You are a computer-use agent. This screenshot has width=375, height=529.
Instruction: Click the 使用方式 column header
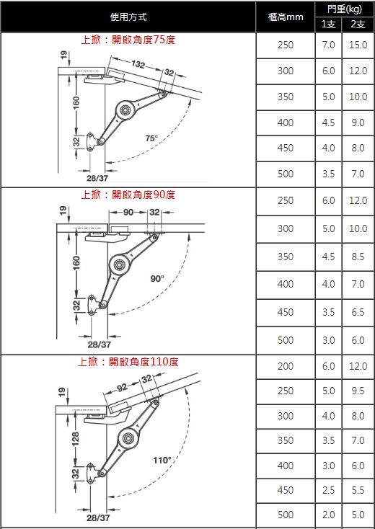(128, 17)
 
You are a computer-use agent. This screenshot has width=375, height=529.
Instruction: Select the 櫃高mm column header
(286, 17)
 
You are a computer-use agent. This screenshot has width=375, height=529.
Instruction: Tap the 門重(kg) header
(345, 9)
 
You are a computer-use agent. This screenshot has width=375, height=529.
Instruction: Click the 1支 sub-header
(328, 25)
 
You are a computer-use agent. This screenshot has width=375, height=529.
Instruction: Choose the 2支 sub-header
(358, 25)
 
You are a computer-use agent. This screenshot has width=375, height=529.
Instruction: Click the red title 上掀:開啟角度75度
(128, 40)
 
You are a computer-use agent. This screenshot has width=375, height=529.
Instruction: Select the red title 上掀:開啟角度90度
(128, 195)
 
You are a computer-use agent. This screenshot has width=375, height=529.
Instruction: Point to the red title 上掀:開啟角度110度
(128, 362)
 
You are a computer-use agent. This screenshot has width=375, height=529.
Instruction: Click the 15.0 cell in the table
(358, 45)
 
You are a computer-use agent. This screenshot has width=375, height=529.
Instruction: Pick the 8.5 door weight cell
(358, 257)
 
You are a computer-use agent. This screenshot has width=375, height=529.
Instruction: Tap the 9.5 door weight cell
(358, 391)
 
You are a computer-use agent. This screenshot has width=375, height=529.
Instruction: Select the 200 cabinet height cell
(286, 366)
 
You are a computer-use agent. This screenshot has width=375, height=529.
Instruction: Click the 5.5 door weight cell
(358, 490)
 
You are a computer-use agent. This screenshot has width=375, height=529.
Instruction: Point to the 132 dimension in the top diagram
(138, 63)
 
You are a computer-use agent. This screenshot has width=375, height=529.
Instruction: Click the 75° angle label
(151, 138)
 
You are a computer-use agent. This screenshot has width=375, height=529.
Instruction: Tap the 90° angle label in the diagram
(157, 279)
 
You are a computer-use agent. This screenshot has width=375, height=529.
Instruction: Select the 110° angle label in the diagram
(162, 461)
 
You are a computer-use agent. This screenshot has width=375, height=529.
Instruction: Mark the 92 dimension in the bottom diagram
(122, 387)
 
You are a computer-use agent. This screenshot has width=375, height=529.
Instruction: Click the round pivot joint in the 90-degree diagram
(119, 264)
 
